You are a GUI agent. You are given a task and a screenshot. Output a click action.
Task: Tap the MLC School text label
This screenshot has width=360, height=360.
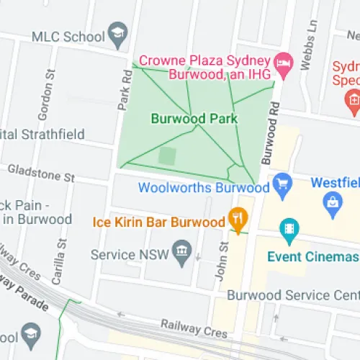[68, 36]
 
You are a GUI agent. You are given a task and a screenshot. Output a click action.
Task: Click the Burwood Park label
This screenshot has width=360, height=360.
[184, 117]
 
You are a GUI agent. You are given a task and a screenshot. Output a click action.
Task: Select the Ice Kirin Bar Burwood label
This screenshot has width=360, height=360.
[159, 222]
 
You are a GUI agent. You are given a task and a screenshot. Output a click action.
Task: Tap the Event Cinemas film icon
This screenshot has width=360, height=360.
[289, 230]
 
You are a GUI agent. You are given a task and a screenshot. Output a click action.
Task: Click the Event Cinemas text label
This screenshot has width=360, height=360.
[312, 256]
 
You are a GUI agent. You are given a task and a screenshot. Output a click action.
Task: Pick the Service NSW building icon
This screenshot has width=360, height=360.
[182, 253]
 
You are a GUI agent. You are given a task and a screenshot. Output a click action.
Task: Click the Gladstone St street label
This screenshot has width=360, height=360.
[41, 172]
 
